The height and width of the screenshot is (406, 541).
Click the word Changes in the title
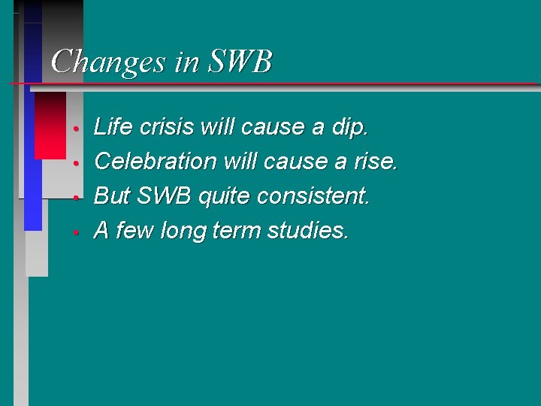pos(109,61)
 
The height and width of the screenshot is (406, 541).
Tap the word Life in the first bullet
pos(110,127)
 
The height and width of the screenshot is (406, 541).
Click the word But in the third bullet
pos(112,196)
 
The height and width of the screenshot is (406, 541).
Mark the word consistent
pos(313,196)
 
